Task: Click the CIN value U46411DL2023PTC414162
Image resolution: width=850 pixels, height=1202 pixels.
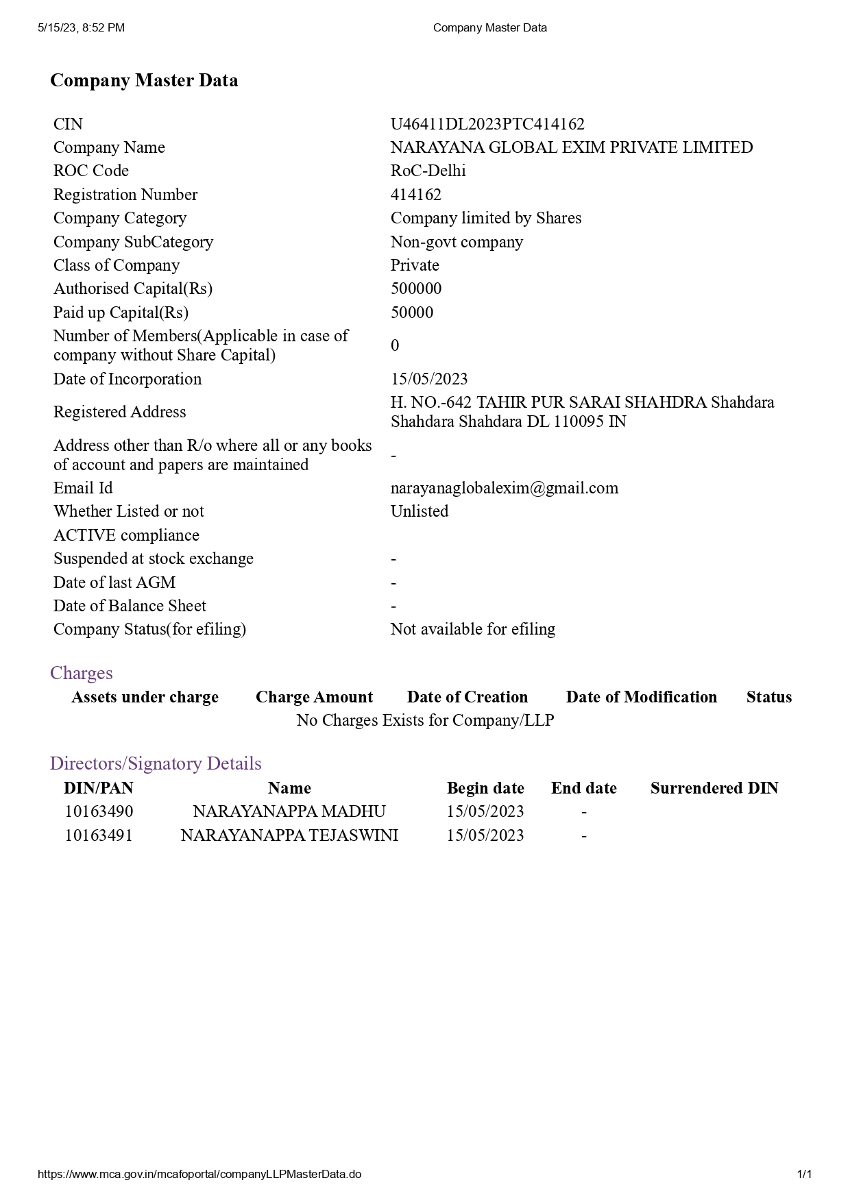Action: [x=487, y=124]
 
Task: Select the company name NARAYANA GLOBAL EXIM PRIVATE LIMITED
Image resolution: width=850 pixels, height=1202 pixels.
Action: [x=571, y=147]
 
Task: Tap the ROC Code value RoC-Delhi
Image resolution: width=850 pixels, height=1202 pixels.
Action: [x=428, y=171]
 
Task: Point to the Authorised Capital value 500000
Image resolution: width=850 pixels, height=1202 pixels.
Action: [x=416, y=289]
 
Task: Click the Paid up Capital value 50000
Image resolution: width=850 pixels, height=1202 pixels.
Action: [x=412, y=312]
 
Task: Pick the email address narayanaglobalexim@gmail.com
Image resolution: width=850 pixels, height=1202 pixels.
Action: [x=504, y=488]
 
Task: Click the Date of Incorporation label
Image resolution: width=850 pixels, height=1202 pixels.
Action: [x=127, y=379]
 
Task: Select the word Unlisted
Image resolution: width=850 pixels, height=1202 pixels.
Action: [x=420, y=511]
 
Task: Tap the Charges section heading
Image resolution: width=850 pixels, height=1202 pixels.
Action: [x=81, y=673]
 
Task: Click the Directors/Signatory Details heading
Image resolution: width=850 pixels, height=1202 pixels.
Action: [x=156, y=763]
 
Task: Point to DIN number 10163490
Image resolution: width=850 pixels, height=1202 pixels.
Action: [x=99, y=811]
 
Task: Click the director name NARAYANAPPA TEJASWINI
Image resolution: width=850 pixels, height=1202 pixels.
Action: [x=289, y=835]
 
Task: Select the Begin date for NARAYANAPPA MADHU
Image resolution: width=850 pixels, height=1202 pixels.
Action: [x=485, y=811]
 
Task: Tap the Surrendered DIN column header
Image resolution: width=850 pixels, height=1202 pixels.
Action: [x=714, y=788]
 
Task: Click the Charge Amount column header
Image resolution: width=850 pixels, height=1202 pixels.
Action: [x=314, y=697]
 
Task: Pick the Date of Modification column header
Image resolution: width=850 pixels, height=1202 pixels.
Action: [x=641, y=697]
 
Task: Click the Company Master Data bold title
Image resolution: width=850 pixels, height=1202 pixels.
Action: [x=144, y=80]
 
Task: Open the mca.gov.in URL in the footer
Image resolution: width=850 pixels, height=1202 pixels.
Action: [x=199, y=1174]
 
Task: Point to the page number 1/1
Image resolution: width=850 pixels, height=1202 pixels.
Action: [x=804, y=1174]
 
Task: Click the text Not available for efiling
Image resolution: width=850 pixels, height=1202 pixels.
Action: [x=473, y=629]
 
